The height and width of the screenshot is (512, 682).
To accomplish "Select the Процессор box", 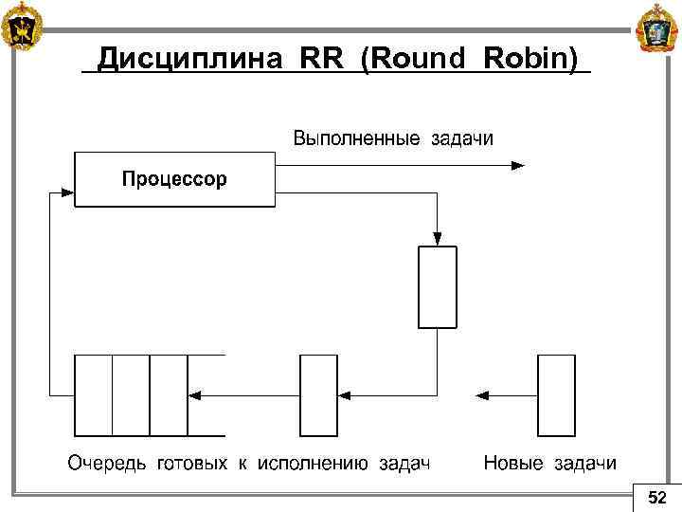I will tap(173, 179).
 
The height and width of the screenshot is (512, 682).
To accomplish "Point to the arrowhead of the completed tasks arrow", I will tap(517, 165).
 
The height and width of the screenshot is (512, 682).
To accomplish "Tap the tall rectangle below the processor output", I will tap(437, 287).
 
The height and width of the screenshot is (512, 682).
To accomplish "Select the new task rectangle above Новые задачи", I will tap(556, 393).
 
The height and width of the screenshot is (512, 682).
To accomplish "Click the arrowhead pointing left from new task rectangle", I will tap(482, 393).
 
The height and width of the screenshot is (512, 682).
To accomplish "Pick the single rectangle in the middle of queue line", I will tap(318, 393).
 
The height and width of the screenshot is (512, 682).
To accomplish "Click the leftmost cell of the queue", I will tap(93, 393).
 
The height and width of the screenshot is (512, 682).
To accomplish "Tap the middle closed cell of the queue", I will tap(131, 393).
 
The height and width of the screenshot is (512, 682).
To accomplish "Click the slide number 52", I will tap(656, 498).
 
